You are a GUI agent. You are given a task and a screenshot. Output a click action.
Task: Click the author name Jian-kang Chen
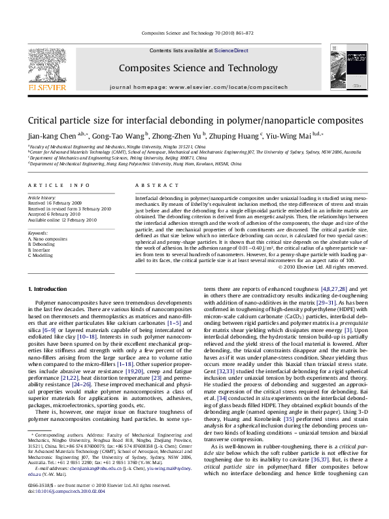50,136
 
